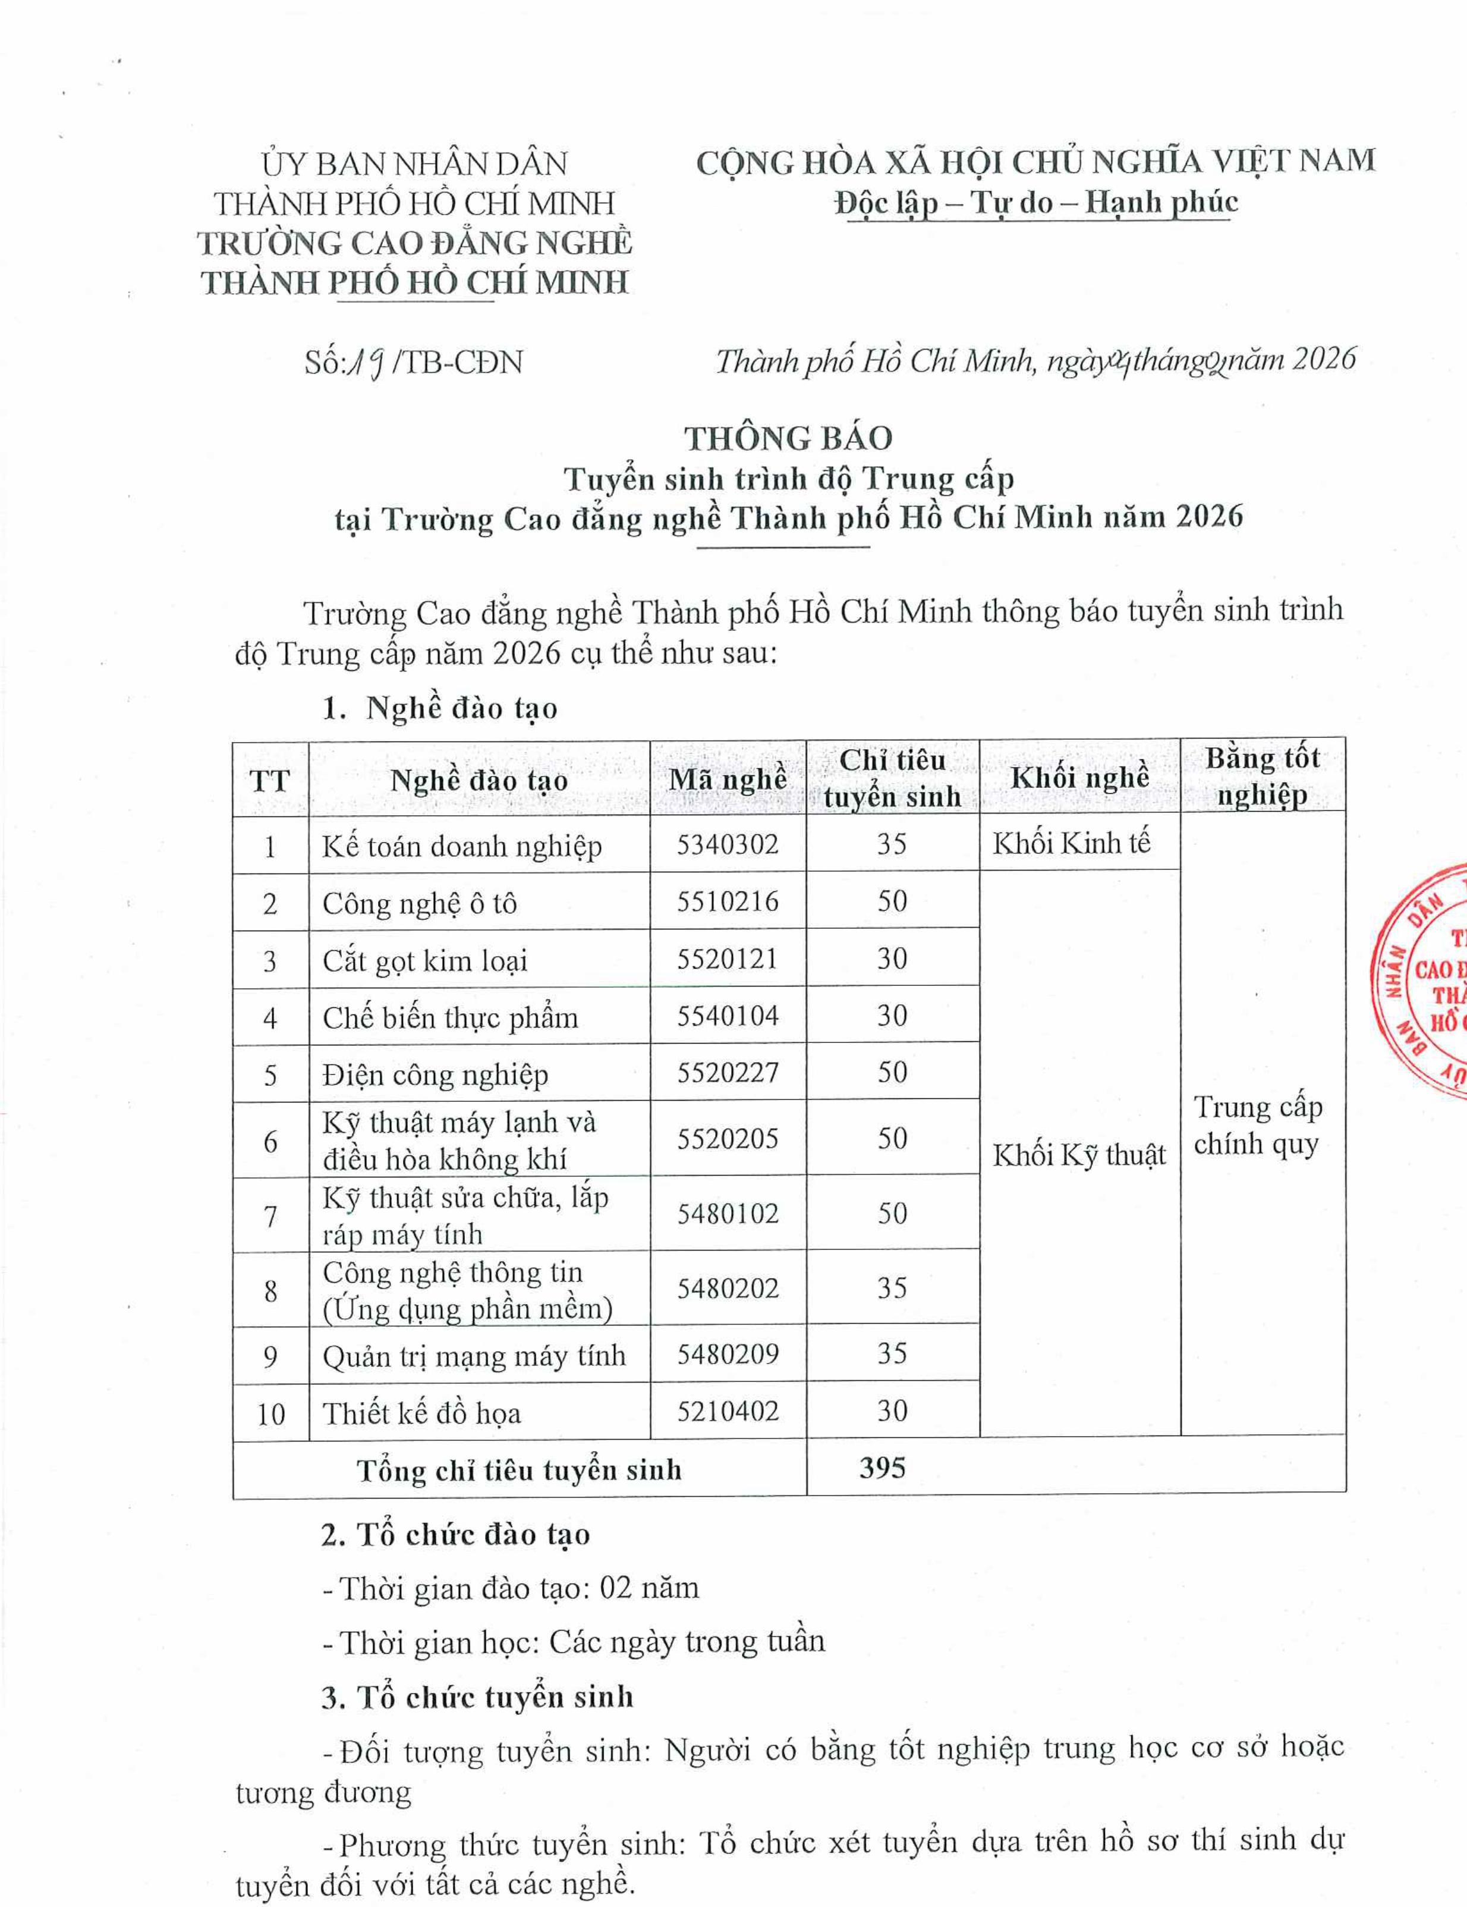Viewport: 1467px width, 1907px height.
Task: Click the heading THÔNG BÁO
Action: pyautogui.click(x=788, y=438)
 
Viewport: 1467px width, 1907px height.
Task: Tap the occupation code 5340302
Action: pyautogui.click(x=727, y=844)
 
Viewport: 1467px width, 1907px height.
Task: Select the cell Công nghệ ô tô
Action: pyautogui.click(x=419, y=903)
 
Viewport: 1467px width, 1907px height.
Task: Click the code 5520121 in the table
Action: pyautogui.click(x=727, y=959)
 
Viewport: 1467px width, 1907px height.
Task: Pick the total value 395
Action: pyautogui.click(x=882, y=1468)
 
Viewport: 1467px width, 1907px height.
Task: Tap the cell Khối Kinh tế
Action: pyautogui.click(x=1072, y=843)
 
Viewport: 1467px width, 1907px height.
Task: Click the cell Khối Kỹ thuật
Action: pyautogui.click(x=1079, y=1155)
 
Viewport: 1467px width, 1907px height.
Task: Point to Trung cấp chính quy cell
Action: pyautogui.click(x=1258, y=1126)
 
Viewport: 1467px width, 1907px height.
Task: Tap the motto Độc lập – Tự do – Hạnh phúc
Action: pyautogui.click(x=1036, y=203)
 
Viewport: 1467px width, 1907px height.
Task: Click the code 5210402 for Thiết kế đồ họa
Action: pyautogui.click(x=727, y=1411)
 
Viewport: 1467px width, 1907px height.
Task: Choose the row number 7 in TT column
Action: pyautogui.click(x=270, y=1215)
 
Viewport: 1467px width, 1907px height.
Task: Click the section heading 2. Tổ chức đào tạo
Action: pyautogui.click(x=455, y=1534)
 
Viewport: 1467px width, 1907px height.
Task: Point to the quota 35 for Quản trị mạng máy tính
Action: pyautogui.click(x=892, y=1353)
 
